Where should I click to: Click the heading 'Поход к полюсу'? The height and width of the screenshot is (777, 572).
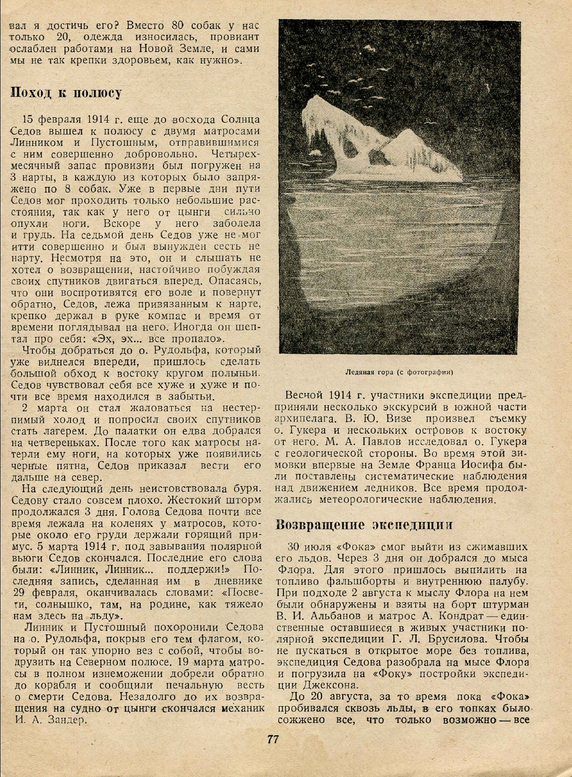66,93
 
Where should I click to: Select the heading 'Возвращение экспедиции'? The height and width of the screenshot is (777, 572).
364,524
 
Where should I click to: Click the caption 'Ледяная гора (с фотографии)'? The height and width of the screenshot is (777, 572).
400,372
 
